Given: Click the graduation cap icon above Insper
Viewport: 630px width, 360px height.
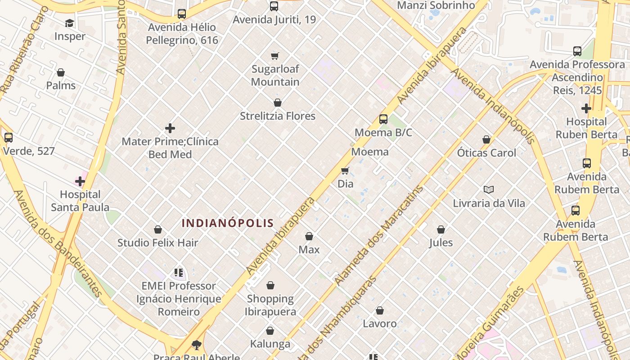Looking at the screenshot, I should tap(69, 23).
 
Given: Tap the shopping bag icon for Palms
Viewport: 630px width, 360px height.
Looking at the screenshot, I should tap(61, 72).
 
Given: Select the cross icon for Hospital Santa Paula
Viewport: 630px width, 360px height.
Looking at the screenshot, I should tap(80, 181).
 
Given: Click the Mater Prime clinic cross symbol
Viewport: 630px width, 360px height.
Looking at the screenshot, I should tap(170, 128).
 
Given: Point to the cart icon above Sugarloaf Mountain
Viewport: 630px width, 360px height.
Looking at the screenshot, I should tap(275, 56).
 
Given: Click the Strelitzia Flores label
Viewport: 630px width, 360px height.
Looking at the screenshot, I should tap(277, 116).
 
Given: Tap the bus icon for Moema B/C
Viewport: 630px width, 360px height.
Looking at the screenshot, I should tap(383, 119).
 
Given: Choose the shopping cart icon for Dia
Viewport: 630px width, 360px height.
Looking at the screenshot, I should tap(345, 171).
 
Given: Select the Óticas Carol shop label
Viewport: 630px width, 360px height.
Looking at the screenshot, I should tap(486, 153).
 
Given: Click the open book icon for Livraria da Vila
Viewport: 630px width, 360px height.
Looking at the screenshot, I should tap(489, 190).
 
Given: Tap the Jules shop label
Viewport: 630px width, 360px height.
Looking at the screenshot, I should tap(441, 243).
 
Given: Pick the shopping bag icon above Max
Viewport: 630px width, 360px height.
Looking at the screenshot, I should tap(309, 236).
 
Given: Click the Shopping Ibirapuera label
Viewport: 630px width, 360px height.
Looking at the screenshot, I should tap(270, 305).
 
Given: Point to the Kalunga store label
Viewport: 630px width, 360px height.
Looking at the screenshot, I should tap(270, 344).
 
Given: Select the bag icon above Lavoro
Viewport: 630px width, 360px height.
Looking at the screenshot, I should tap(380, 310).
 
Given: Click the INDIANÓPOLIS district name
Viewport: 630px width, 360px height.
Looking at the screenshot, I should tap(228, 223).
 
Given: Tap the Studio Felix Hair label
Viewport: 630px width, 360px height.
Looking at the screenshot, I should tap(157, 243).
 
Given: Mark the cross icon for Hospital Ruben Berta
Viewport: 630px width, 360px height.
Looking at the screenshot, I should tap(586, 108).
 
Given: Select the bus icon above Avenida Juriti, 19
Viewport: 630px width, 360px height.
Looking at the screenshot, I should tap(274, 6).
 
